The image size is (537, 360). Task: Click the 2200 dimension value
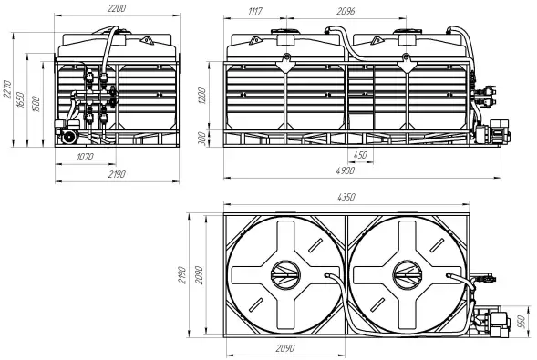coord(117,8)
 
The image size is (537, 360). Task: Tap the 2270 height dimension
coord(7,90)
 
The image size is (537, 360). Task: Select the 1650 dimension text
coord(21,99)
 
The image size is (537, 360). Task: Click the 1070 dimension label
coord(85,157)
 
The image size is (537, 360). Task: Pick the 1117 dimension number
coord(254,11)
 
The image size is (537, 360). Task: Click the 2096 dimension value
coord(346,11)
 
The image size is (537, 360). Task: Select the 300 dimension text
coord(202,139)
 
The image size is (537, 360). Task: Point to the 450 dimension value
coord(360,155)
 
